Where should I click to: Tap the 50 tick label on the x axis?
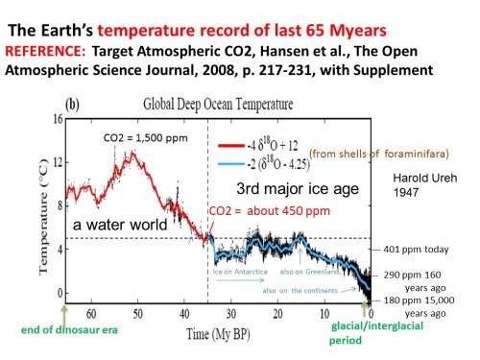(x=136, y=313)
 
